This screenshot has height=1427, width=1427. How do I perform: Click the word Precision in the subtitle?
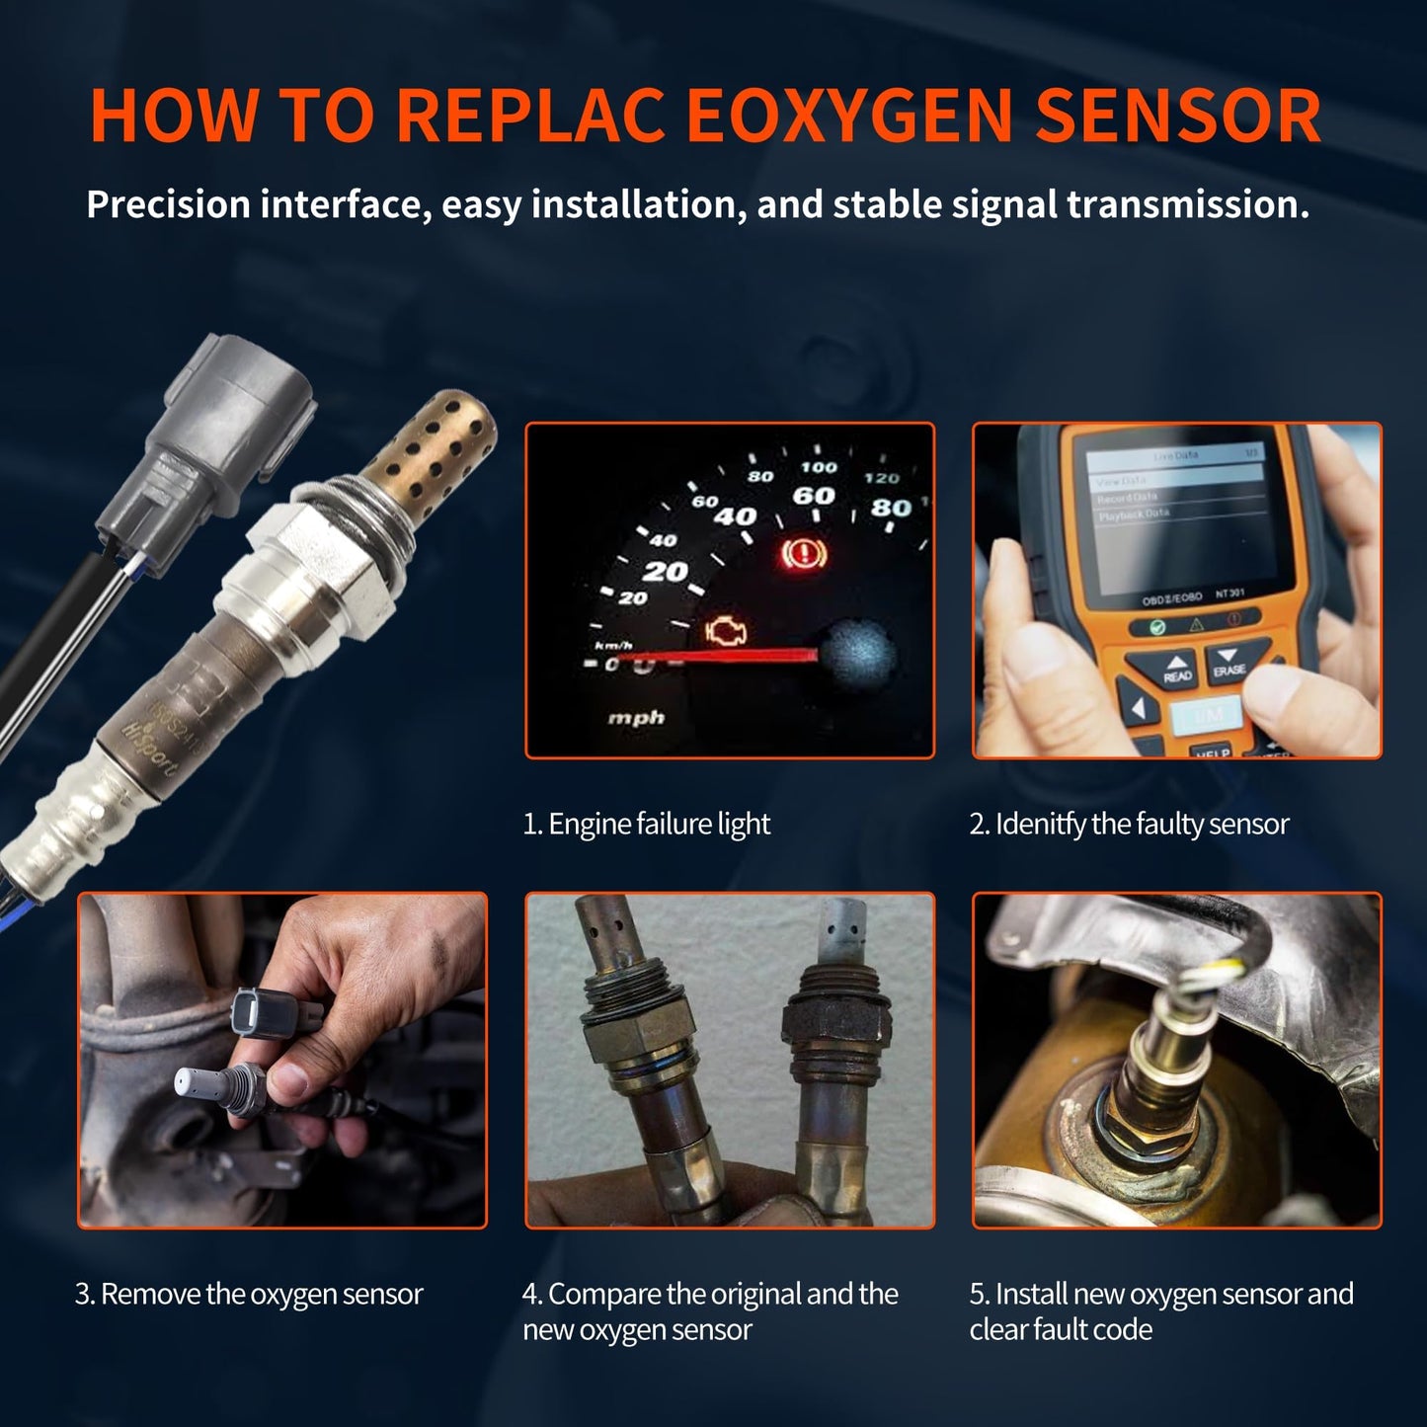pyautogui.click(x=168, y=204)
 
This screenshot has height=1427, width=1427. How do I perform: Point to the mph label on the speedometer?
pyautogui.click(x=636, y=717)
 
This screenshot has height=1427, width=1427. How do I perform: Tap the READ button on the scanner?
pyautogui.click(x=1177, y=670)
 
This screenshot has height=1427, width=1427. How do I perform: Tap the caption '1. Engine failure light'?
pyautogui.click(x=646, y=824)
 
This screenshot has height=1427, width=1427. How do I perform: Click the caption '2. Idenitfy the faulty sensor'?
pyautogui.click(x=1129, y=824)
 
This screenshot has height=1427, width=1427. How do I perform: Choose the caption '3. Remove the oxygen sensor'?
pyautogui.click(x=249, y=1294)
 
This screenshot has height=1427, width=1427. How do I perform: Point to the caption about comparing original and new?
pyautogui.click(x=709, y=1310)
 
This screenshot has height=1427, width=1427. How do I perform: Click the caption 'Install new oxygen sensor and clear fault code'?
pyautogui.click(x=1160, y=1310)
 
